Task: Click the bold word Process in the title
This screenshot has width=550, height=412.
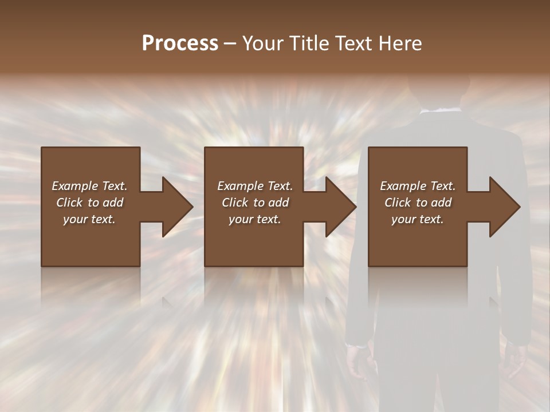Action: [x=180, y=43]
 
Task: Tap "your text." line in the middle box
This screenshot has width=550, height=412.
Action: [x=254, y=219]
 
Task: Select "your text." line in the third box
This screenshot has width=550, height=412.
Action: [x=417, y=219]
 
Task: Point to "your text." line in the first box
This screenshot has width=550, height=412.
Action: [x=89, y=219]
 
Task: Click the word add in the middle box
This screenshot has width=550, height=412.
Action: [x=278, y=203]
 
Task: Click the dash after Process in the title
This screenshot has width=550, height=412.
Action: [x=230, y=43]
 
